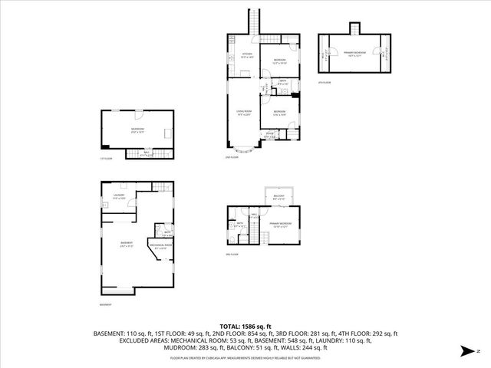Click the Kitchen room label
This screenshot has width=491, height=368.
pos(247,55)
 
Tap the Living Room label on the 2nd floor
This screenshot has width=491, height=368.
pos(244,113)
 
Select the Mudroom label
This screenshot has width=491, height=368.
pos(137,130)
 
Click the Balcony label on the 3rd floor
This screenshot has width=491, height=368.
pos(279,197)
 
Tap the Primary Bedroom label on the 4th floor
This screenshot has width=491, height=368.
pos(353,53)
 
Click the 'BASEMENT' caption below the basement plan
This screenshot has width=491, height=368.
pos(107,304)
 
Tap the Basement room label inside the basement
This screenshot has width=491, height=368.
pos(127,245)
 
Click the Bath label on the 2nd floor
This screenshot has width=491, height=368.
pos(282,82)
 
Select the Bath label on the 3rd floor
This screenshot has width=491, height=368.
pos(240,225)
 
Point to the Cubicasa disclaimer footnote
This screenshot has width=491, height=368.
pos(245,357)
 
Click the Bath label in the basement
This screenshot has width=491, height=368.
pos(167,233)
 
